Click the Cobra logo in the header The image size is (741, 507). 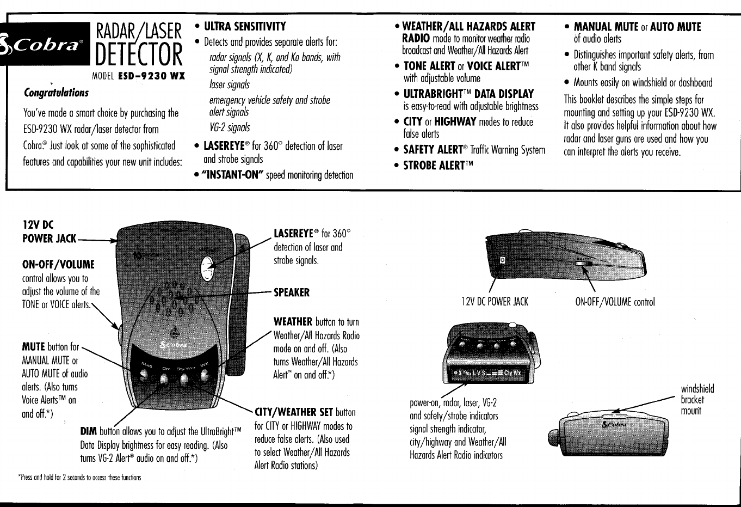[44, 44]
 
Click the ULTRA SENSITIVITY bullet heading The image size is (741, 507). [244, 27]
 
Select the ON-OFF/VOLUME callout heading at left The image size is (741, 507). [58, 265]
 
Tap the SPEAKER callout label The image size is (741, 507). [291, 292]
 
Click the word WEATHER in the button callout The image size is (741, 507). [293, 322]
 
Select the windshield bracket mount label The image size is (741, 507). [697, 400]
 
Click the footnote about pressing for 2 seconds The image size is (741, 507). [79, 478]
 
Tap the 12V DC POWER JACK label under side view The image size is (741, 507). [495, 302]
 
